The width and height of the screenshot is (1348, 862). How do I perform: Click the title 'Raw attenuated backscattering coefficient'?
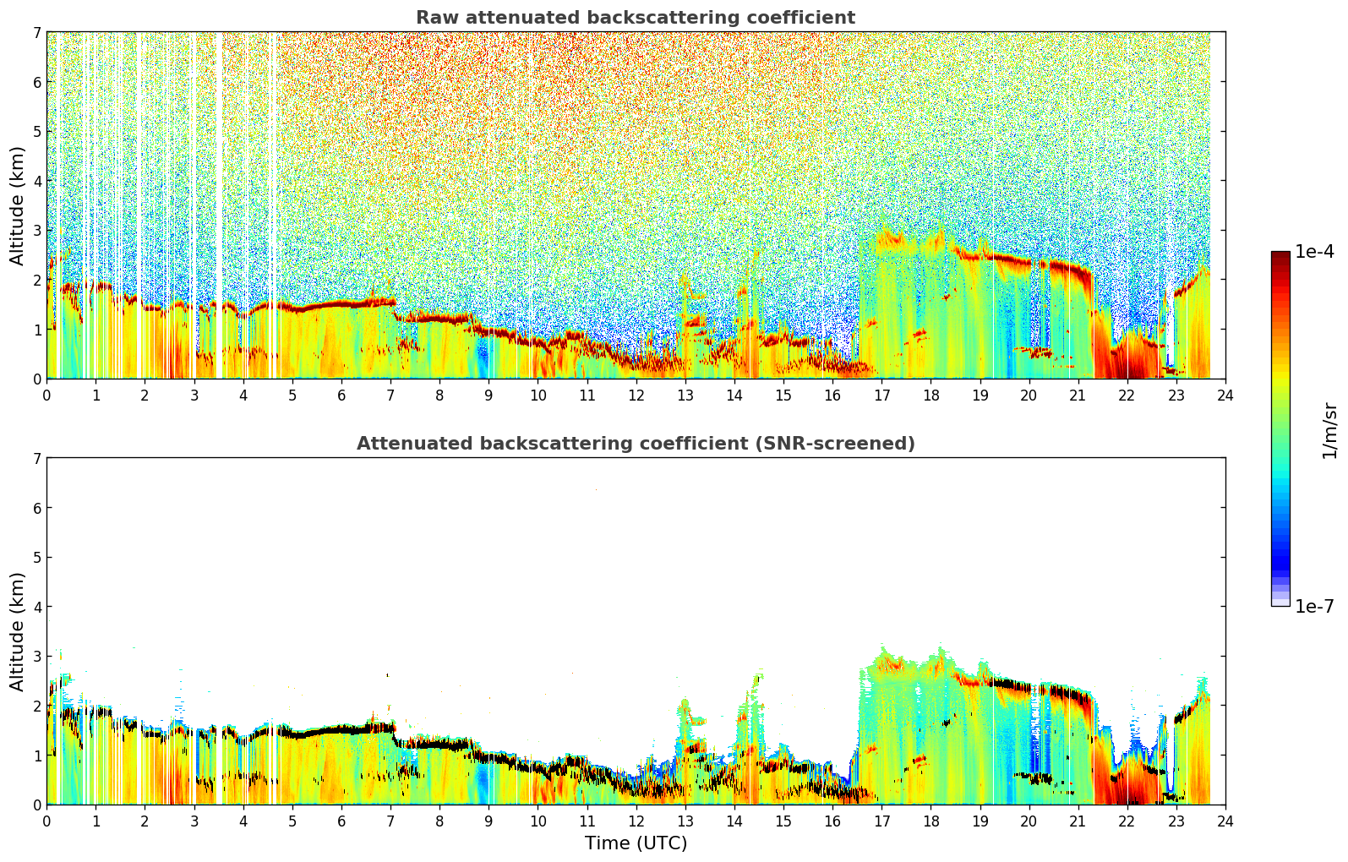636,18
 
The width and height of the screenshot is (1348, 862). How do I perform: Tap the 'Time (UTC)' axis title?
636,843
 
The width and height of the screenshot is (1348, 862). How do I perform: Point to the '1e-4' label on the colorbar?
1314,252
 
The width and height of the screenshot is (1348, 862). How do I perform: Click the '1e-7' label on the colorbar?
1314,606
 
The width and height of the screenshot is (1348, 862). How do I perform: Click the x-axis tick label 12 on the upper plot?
636,396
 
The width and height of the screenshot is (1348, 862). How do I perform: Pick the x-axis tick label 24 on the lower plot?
1225,821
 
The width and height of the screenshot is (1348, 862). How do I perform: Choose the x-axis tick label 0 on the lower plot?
47,821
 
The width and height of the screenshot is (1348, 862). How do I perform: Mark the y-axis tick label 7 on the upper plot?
36,32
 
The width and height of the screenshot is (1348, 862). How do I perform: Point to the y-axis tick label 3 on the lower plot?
36,656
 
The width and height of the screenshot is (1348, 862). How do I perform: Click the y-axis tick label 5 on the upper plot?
36,131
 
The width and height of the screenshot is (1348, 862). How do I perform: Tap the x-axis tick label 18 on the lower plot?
931,821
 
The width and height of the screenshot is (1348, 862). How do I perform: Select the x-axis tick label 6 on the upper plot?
341,396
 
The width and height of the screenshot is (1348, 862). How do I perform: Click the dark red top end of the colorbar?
1280,255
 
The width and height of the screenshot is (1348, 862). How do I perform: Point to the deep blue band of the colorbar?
1280,557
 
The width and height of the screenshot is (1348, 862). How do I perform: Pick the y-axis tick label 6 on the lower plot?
36,508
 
